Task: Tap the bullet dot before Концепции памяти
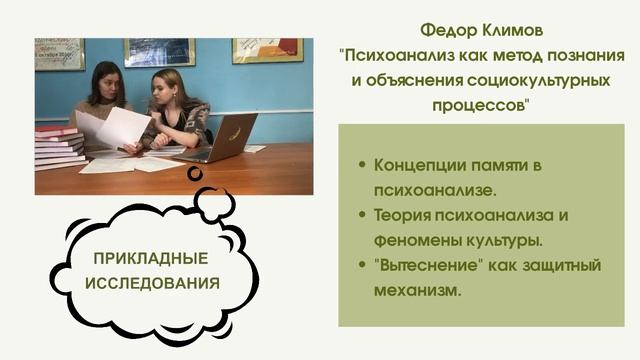(361, 164)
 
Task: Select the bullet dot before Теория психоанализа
(361, 216)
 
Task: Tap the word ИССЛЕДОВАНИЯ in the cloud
(151, 283)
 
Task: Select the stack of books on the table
(59, 148)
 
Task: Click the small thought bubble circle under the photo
(195, 173)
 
